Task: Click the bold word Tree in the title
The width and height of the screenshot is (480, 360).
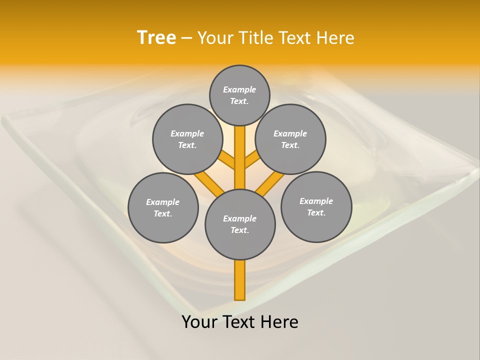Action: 156,37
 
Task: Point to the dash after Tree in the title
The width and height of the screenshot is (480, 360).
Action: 186,38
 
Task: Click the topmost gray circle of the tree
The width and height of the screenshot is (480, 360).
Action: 239,95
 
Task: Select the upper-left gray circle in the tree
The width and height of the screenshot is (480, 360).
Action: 187,139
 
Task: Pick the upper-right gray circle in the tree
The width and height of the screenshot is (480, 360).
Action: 290,139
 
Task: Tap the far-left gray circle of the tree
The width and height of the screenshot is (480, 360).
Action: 163,207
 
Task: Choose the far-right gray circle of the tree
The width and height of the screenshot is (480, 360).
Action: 316,206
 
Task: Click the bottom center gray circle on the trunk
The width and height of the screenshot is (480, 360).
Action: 240,224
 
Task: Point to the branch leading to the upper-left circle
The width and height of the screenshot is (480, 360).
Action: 228,161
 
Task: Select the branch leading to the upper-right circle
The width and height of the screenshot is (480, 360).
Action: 252,161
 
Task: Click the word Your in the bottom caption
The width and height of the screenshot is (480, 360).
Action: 199,322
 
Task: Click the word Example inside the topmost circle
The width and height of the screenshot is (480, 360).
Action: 239,89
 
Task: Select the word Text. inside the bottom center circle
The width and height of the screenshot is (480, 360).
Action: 239,230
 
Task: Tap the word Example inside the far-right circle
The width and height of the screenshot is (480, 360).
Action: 316,201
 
